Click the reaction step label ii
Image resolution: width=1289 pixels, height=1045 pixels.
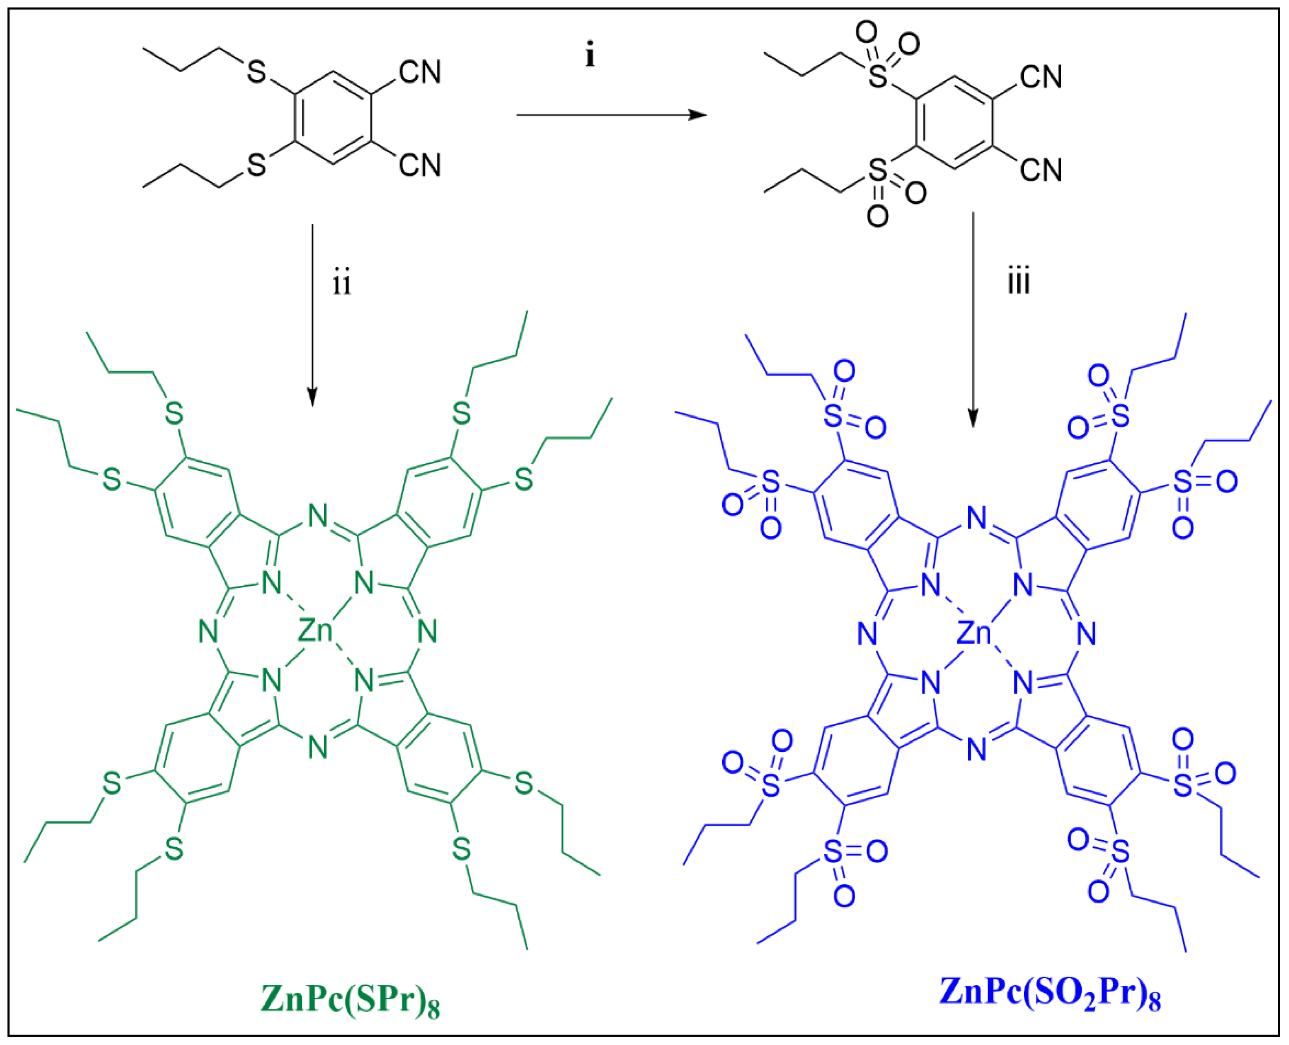click(342, 283)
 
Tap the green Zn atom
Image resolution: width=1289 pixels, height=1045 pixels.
click(315, 631)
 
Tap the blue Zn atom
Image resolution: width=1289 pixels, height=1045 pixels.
click(974, 633)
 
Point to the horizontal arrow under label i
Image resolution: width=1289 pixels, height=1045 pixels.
click(611, 114)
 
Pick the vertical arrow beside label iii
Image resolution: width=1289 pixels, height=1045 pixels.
click(973, 319)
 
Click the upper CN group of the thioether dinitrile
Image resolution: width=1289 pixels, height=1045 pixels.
click(420, 72)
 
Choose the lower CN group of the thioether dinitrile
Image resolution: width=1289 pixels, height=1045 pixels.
click(420, 165)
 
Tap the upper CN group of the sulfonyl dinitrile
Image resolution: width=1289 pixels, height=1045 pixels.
click(1041, 77)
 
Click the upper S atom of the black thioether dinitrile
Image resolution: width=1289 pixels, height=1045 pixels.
click(256, 72)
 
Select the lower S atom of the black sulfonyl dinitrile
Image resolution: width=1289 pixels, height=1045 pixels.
click(878, 171)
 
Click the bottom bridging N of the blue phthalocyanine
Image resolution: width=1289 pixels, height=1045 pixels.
click(977, 750)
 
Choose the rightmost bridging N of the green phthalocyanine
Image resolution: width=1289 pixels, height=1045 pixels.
click(427, 631)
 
